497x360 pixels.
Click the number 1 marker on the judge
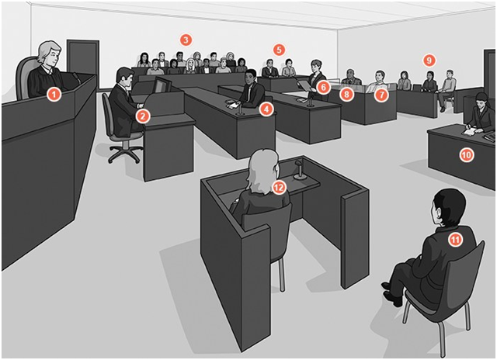coord(54,94)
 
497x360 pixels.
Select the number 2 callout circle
coord(142,116)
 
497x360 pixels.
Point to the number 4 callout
coord(266,109)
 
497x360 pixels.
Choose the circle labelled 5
coord(279,49)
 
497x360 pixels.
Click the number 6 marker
coord(322,88)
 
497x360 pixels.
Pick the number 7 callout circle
coord(380,95)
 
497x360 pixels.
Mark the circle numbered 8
coord(346,95)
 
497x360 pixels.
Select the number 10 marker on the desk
coord(466,154)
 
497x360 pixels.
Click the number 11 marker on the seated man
coord(455,240)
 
